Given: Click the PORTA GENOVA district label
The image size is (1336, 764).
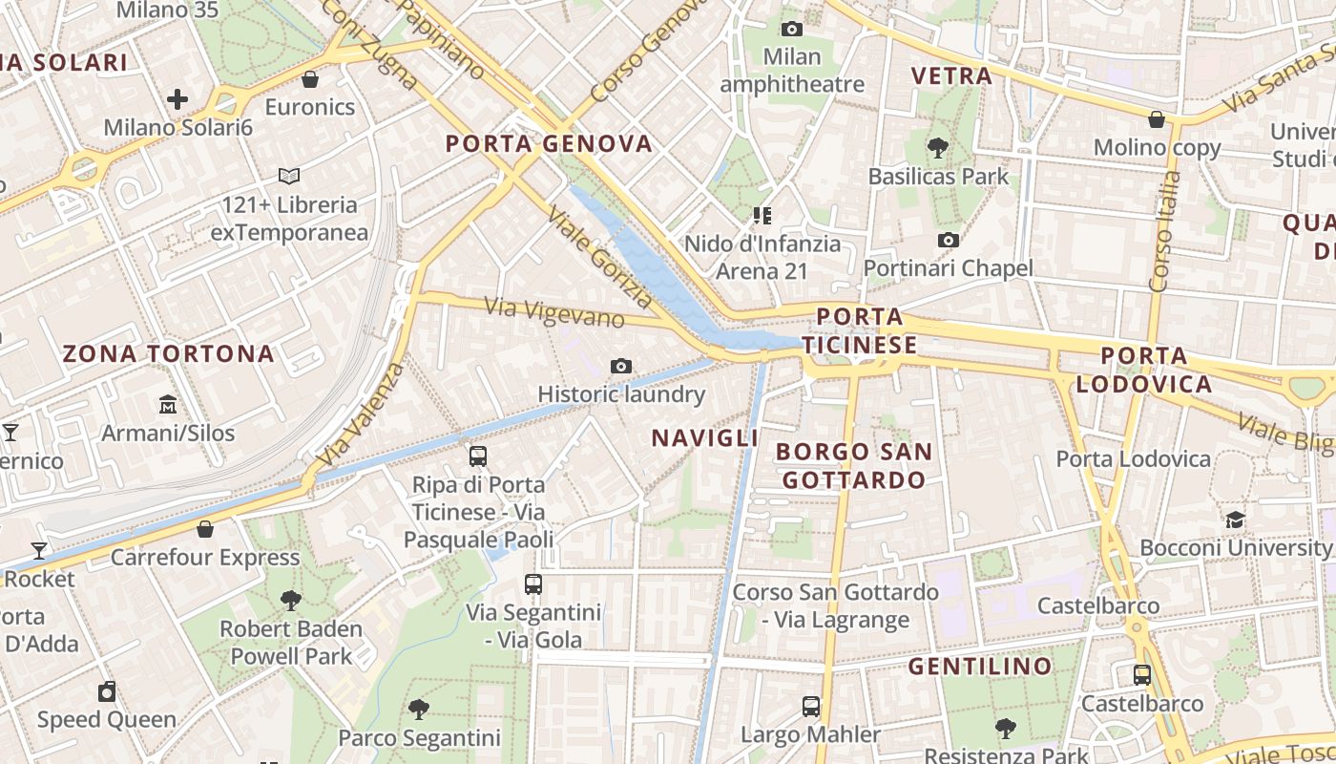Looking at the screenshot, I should pos(549,144).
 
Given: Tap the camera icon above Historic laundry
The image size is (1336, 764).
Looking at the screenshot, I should pos(621,366).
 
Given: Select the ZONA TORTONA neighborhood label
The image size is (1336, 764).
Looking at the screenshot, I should pos(168,353).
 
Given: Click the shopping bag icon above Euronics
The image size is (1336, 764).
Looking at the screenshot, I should pos(310,78).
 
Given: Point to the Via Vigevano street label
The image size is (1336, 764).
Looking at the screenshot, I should pos(554,312).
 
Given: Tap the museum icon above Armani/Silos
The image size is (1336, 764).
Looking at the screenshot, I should pos(168,405).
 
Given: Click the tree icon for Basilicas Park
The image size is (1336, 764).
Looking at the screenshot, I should pos(938,147).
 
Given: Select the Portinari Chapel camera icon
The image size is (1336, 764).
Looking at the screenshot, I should pos(948,240).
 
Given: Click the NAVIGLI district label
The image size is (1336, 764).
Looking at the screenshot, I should pos(704,437).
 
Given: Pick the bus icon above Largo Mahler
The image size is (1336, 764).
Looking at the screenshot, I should pos(811,707).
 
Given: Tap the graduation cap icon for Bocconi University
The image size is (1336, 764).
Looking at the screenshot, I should pos(1236,520).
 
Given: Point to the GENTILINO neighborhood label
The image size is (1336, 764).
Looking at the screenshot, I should pos(980,666).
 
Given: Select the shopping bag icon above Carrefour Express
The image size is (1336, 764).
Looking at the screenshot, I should pos(205,528).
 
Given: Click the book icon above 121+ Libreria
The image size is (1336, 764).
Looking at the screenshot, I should pos(289,176).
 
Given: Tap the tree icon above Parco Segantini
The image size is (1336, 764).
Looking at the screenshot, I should pos(418,709).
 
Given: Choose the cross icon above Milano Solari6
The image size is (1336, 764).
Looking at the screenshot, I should pos(177,98).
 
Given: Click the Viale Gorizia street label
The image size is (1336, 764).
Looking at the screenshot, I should pos(599,257).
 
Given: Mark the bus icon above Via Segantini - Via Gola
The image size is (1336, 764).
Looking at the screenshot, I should pos(533,584).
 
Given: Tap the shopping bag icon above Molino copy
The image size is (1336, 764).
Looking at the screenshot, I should pos(1157,119).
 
